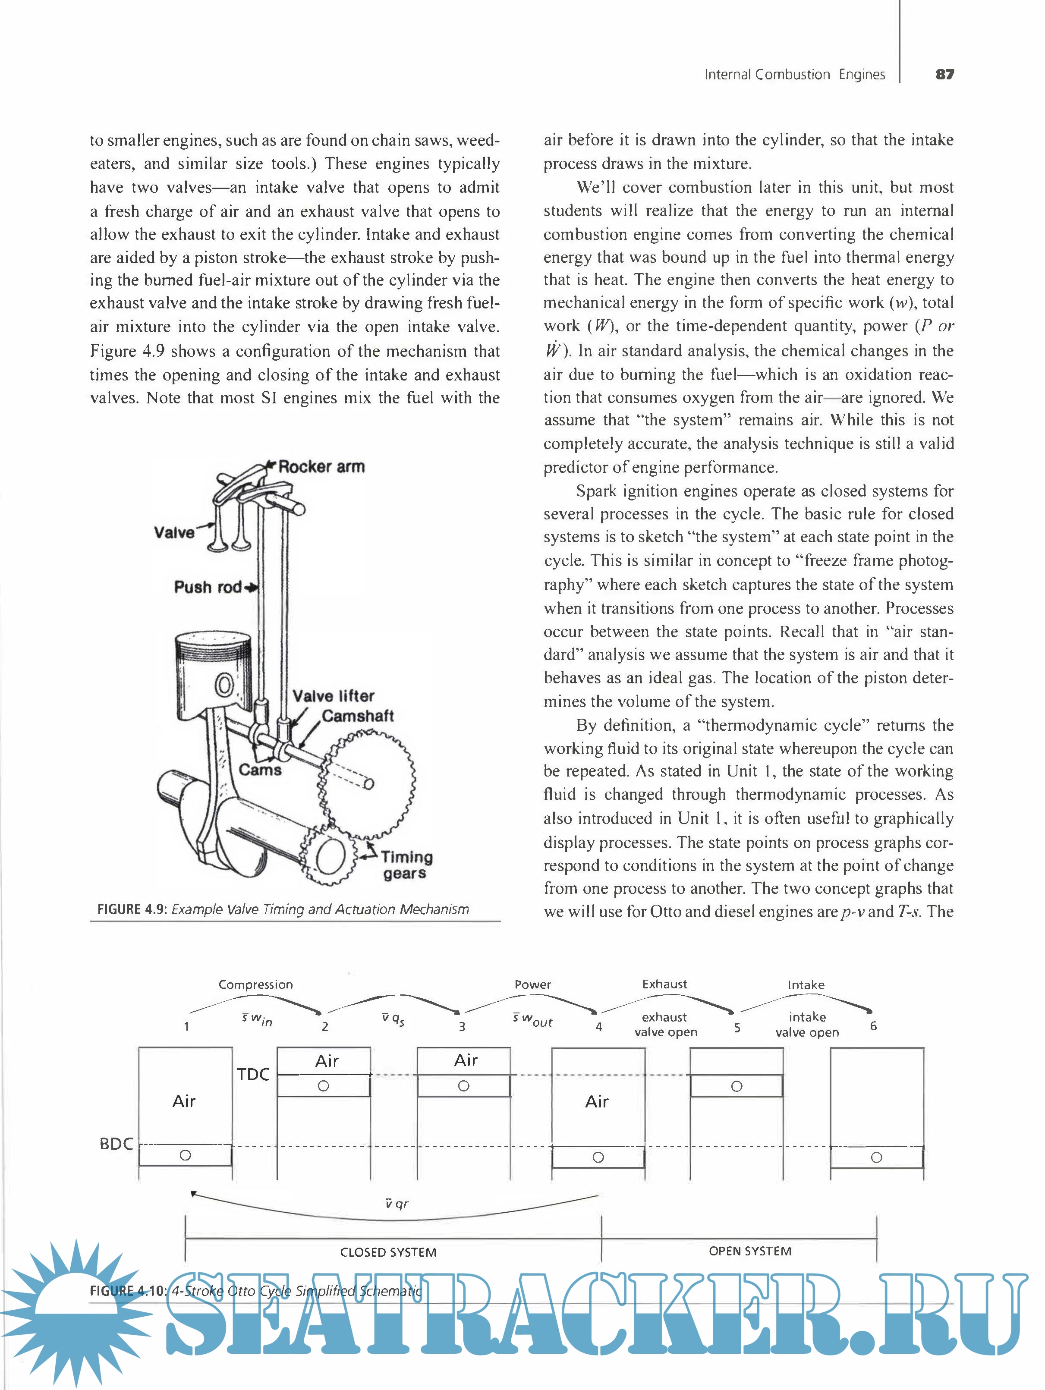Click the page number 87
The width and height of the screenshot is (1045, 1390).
pyautogui.click(x=944, y=74)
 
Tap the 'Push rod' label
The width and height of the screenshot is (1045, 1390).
pyautogui.click(x=208, y=588)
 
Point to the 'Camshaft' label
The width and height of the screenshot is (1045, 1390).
pyautogui.click(x=358, y=716)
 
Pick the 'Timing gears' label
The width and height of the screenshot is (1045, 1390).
pyautogui.click(x=406, y=865)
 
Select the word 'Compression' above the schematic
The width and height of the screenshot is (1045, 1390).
pyautogui.click(x=256, y=984)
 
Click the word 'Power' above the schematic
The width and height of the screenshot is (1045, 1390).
pyautogui.click(x=532, y=984)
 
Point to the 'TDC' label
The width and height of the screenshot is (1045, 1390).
pyautogui.click(x=253, y=1075)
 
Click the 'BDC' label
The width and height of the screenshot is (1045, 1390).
pyautogui.click(x=116, y=1144)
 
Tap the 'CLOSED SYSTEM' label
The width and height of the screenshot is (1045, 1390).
pyautogui.click(x=388, y=1252)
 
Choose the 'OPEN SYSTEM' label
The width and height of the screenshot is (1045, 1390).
pyautogui.click(x=750, y=1251)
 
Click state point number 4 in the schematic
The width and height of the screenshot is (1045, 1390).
pyautogui.click(x=599, y=1027)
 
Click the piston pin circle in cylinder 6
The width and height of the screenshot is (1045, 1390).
pyautogui.click(x=877, y=1157)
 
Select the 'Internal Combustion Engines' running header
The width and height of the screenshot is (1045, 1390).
pyautogui.click(x=794, y=74)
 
